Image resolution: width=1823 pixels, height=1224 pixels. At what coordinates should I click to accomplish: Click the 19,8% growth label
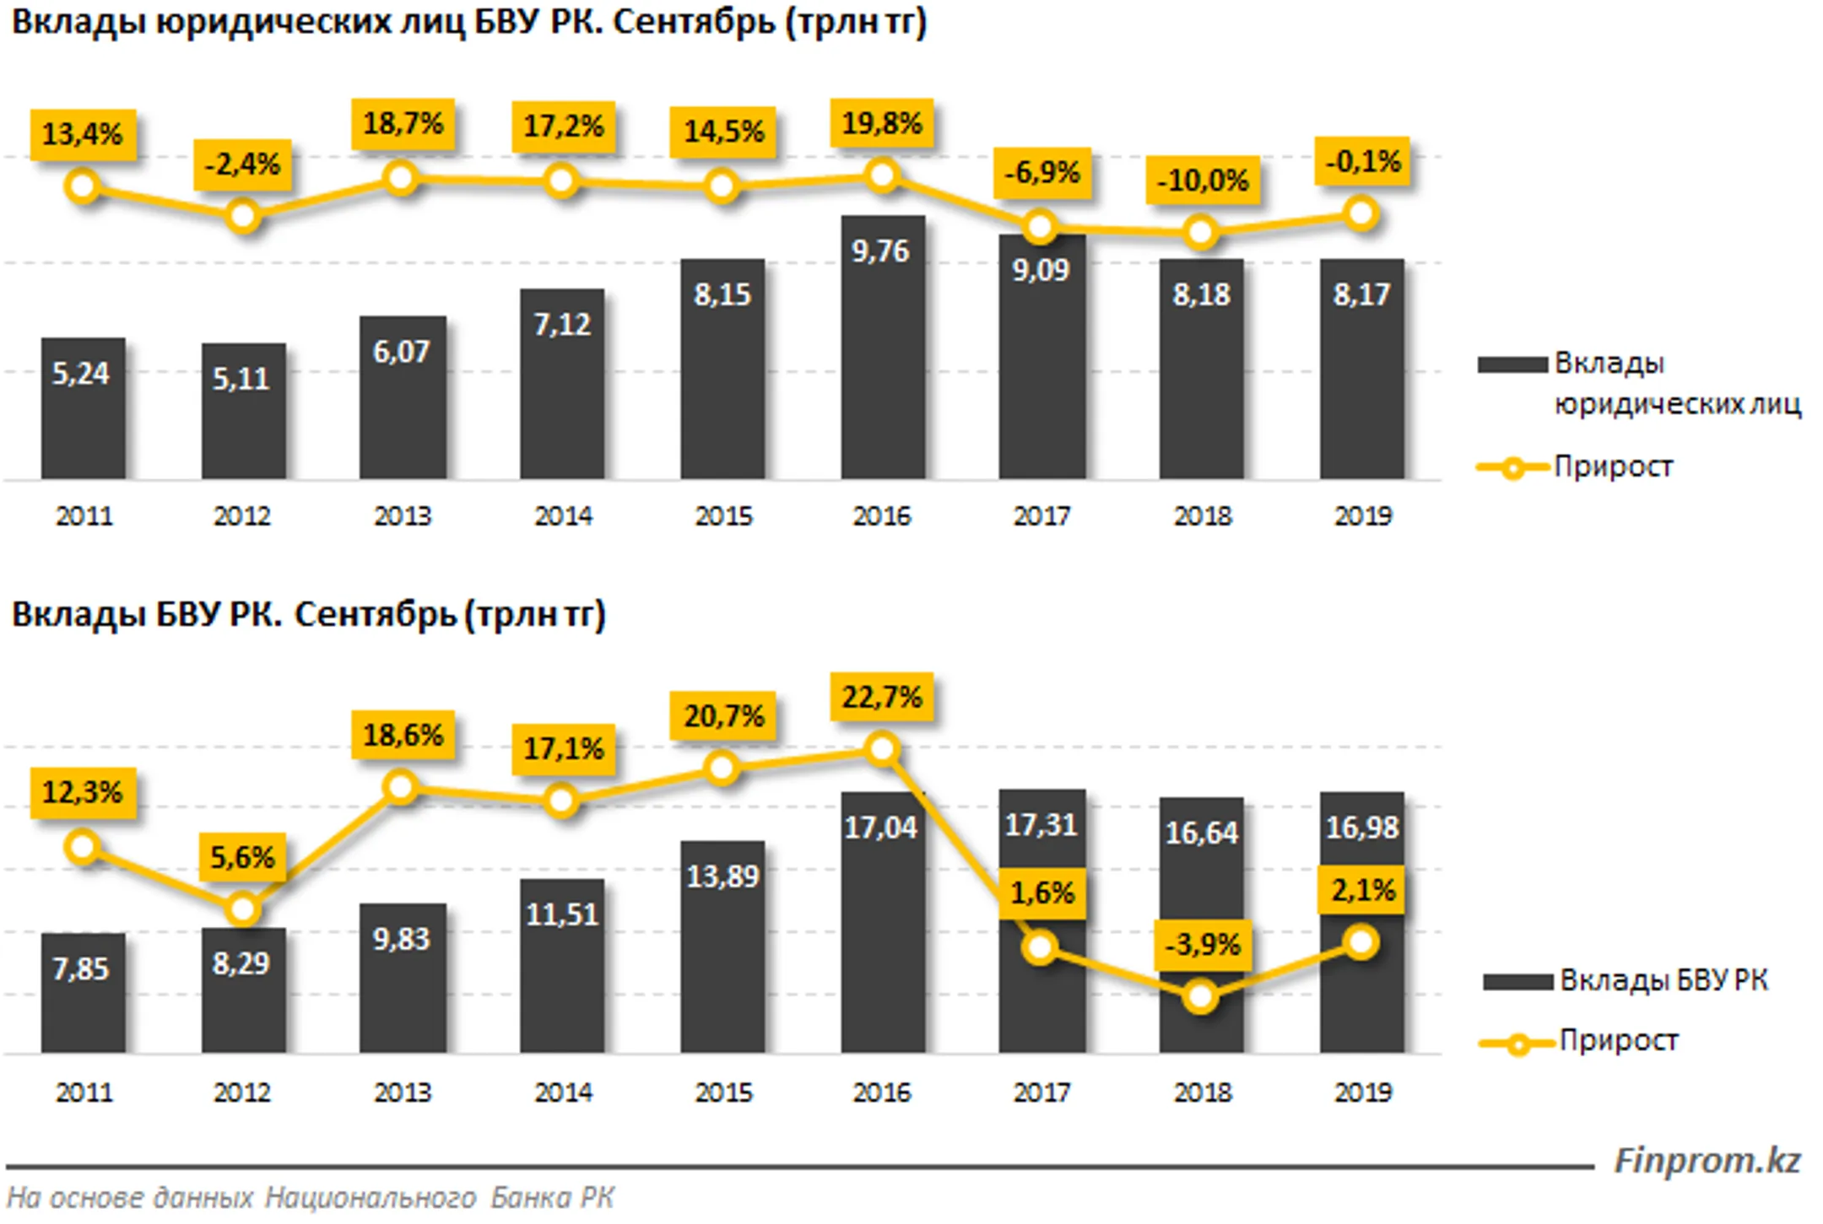(x=882, y=124)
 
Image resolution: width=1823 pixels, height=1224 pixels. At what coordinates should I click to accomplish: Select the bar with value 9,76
(x=883, y=348)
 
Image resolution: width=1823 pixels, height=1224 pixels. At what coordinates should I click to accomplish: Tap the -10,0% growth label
(x=1202, y=181)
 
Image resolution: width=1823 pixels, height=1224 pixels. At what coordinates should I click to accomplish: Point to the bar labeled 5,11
(x=243, y=412)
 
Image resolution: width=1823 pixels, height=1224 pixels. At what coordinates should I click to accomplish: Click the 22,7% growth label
(x=882, y=698)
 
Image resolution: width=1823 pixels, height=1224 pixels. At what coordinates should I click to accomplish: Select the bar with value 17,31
(x=1041, y=921)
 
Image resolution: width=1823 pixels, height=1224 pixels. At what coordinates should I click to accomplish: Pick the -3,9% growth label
(x=1202, y=945)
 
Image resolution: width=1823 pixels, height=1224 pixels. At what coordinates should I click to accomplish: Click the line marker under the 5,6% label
(x=243, y=909)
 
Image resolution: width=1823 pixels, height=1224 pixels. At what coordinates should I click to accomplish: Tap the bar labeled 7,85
(x=83, y=993)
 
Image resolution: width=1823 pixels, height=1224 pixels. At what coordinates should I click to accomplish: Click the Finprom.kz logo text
(x=1707, y=1161)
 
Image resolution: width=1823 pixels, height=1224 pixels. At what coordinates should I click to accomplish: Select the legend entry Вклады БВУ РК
(x=1626, y=980)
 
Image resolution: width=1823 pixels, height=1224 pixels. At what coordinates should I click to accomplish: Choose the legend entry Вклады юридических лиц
(x=1639, y=384)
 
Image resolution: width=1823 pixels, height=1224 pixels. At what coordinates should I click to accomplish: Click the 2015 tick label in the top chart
(x=723, y=515)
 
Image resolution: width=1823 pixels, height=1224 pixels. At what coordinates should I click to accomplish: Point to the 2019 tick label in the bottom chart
(x=1362, y=1092)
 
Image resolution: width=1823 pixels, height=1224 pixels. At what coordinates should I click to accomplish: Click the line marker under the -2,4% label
(x=243, y=217)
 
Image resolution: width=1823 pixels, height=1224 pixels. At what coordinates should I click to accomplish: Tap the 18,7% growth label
(x=403, y=124)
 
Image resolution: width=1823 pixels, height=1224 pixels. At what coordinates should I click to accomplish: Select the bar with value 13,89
(x=723, y=946)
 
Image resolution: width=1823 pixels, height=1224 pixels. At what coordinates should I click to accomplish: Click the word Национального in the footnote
(x=371, y=1198)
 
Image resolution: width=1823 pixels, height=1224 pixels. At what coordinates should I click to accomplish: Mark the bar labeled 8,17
(x=1362, y=369)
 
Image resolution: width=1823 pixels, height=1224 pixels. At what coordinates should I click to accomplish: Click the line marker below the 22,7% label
(x=882, y=749)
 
